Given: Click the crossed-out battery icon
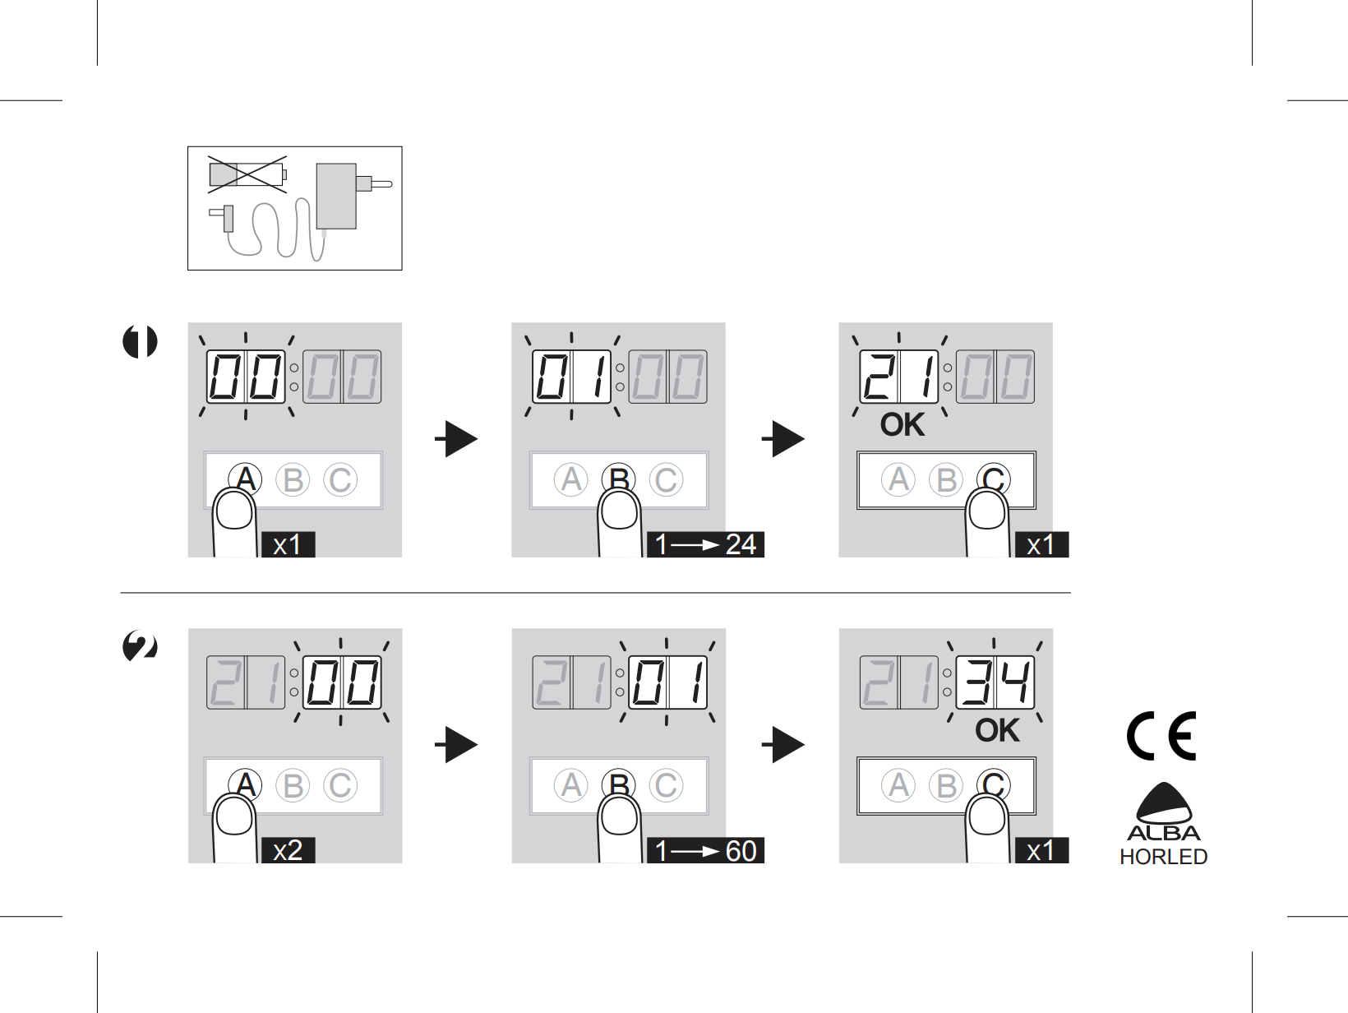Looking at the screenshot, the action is point(247,174).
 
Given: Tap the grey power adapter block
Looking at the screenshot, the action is point(336,196).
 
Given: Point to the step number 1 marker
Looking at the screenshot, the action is point(140,341).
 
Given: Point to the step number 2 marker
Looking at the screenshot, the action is point(140,646).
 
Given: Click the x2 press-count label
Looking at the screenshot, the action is point(288,850).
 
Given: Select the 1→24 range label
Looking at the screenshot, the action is point(705,544).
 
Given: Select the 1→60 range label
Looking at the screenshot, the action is point(705,850).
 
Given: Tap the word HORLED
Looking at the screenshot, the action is point(1163,856).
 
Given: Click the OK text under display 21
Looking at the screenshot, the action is point(903,424).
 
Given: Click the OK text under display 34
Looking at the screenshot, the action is point(997,730).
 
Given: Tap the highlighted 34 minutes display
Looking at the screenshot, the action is point(995,682).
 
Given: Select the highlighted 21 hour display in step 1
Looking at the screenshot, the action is point(899,377).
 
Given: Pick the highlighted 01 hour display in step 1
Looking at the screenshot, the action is point(572,377).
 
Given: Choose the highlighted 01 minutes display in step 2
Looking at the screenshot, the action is point(667,682).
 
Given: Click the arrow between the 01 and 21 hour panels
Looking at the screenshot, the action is point(783,438).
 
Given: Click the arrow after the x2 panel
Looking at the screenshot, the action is point(456,745).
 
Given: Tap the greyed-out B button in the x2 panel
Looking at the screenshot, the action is point(293,785).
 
